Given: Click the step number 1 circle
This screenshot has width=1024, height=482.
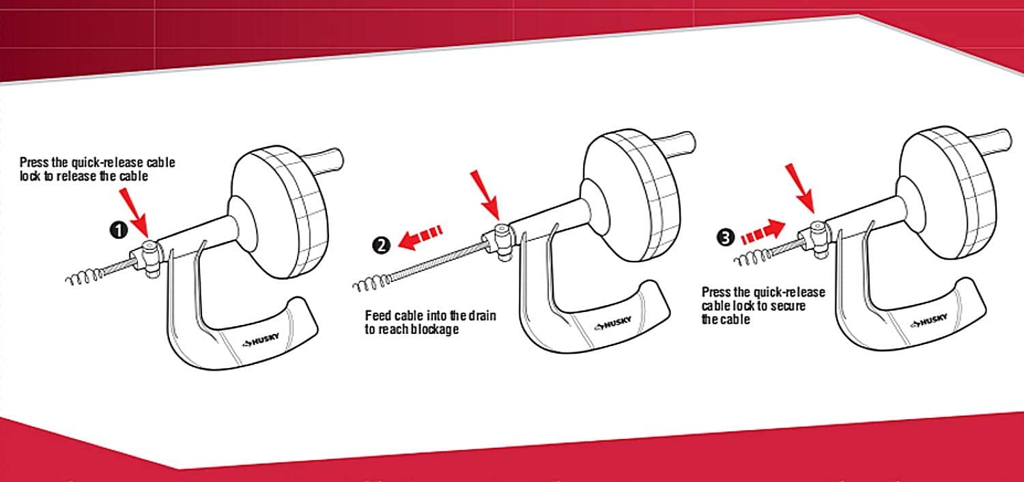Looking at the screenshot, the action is (119, 230).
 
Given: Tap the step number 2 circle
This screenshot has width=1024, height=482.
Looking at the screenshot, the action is (381, 245).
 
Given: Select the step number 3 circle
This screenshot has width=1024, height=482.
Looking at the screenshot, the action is (725, 238).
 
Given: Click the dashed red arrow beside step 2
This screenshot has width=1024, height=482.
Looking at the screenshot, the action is (420, 237).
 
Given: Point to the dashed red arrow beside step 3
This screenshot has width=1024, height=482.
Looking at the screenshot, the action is (763, 231).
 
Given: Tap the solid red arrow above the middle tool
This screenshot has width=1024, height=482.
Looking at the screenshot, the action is (485, 195).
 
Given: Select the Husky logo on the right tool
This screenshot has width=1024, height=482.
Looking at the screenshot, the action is (929, 321).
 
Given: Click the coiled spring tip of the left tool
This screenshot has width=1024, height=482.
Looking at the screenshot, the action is (85, 277).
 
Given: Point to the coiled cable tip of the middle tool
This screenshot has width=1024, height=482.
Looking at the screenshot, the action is (372, 283).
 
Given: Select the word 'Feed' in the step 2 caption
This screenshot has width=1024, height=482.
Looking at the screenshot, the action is (378, 315).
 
